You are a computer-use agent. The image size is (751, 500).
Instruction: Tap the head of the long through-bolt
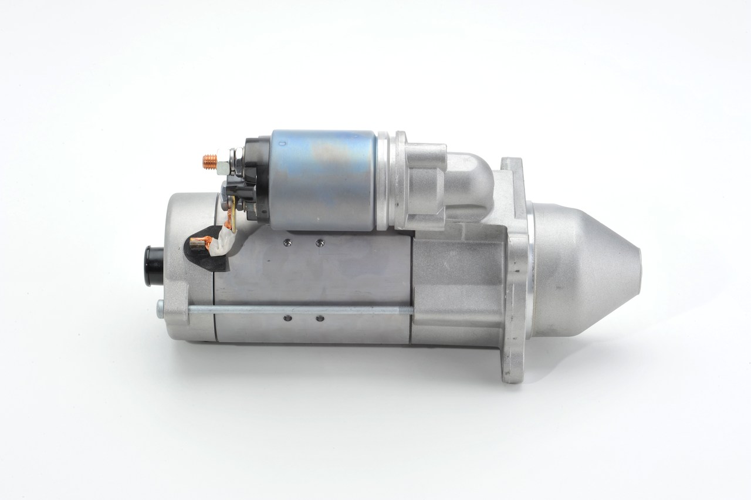point(161,307)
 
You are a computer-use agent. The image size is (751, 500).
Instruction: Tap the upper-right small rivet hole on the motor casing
point(319,241)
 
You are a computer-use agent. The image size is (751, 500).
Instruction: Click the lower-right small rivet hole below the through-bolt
point(319,319)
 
